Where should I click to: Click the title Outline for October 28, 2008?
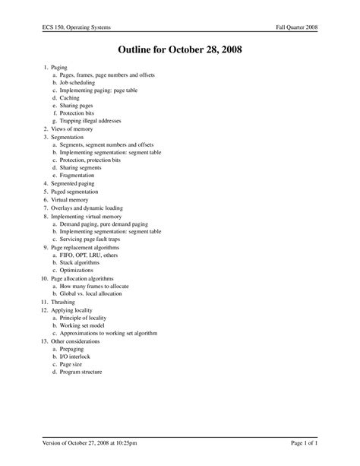(180, 51)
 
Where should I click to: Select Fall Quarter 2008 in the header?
(297, 28)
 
